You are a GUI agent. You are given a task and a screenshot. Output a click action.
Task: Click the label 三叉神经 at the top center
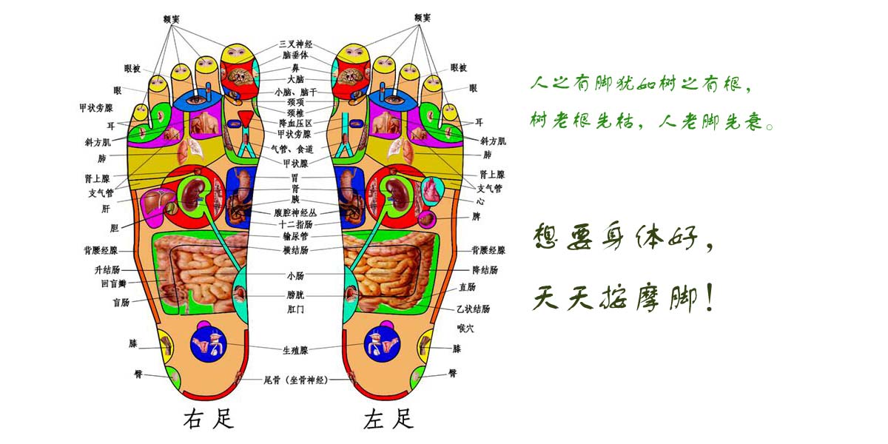[296, 44]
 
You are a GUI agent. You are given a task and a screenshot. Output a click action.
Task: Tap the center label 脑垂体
[296, 55]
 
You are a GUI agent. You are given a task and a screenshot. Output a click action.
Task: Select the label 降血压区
[296, 124]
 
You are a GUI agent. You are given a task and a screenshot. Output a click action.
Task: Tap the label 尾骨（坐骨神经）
[296, 380]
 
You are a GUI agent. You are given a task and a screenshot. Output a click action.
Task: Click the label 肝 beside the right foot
[106, 209]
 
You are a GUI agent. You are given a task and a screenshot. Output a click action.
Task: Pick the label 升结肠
[107, 270]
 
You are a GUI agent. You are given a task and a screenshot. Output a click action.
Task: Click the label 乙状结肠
[474, 309]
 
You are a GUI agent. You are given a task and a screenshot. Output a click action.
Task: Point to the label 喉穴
[465, 328]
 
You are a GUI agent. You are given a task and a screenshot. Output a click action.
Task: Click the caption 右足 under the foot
[208, 419]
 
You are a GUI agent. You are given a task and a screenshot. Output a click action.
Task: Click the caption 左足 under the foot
[388, 419]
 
